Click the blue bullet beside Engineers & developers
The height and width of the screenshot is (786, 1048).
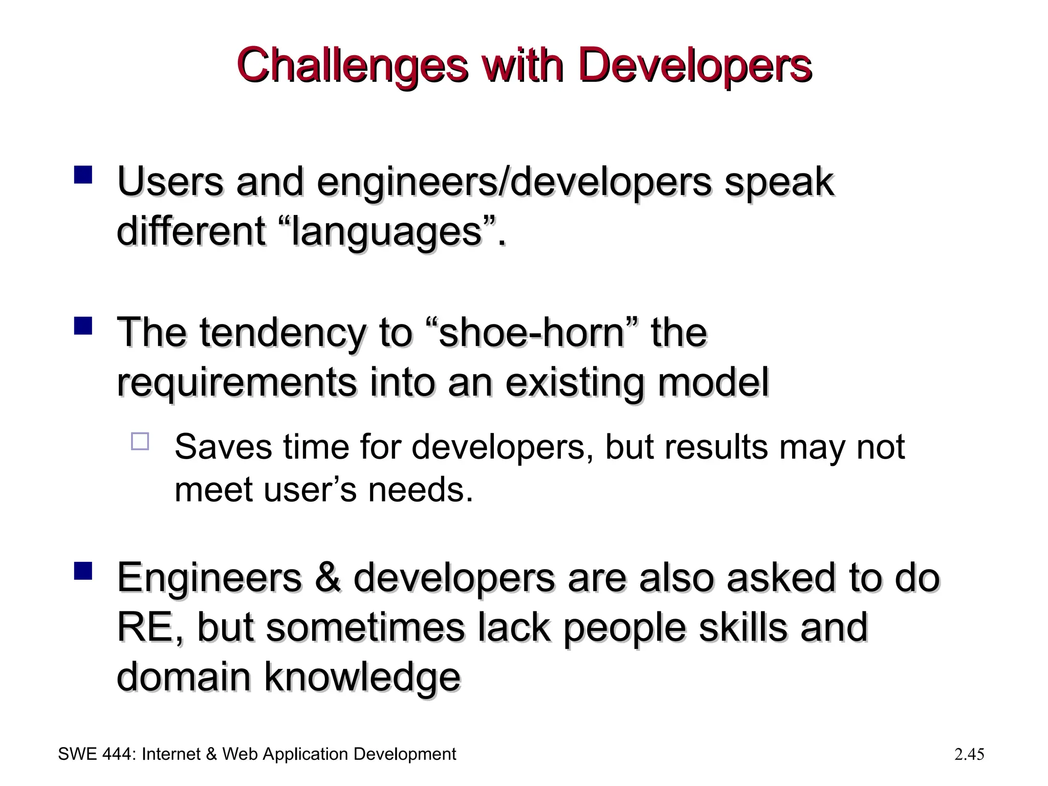click(x=83, y=570)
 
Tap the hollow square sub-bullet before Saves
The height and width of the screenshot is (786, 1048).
click(x=140, y=441)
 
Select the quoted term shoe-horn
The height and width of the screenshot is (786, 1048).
click(x=532, y=333)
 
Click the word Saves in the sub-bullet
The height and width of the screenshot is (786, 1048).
click(x=223, y=447)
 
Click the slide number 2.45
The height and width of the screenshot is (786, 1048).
click(x=969, y=754)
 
